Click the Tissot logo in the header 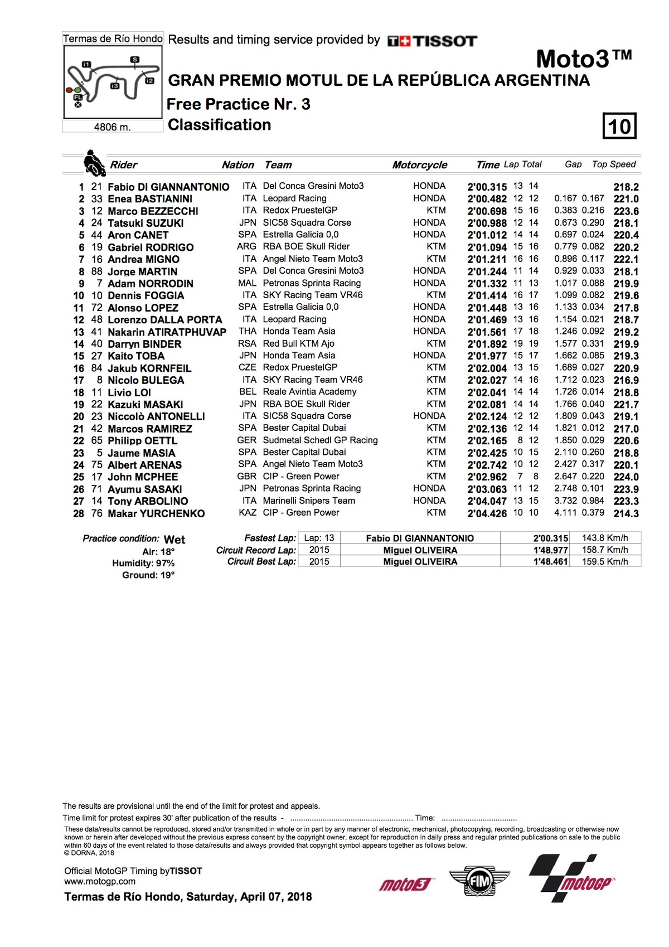pos(432,41)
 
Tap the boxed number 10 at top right pos(619,127)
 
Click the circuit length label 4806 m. pos(112,127)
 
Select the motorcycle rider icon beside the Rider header pos(94,163)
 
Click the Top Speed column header pos(613,164)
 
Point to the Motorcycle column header pos(419,165)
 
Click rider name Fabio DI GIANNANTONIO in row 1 pos(168,187)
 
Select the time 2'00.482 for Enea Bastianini pos(487,199)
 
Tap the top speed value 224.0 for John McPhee pos(626,477)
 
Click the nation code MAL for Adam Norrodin pos(247,283)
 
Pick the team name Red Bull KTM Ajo pos(298,344)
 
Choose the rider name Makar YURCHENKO pos(156,513)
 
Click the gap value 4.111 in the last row pos(565,513)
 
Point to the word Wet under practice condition pos(174,540)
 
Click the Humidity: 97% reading pos(143,564)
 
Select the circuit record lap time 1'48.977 pos(550,550)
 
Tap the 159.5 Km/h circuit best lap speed pos(605,562)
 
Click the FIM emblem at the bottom pos(479,881)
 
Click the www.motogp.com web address pos(100,882)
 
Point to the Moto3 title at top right pos(583,59)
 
